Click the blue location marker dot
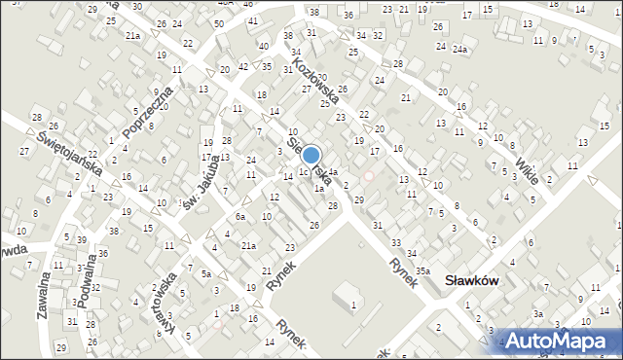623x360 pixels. [x=311, y=155]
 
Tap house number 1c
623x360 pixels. [x=303, y=172]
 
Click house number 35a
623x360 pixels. [x=422, y=270]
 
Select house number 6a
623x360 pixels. [x=239, y=216]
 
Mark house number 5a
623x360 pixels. [x=206, y=274]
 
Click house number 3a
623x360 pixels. [x=537, y=313]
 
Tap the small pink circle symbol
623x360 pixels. [x=368, y=176]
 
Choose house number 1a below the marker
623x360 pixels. [x=318, y=188]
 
